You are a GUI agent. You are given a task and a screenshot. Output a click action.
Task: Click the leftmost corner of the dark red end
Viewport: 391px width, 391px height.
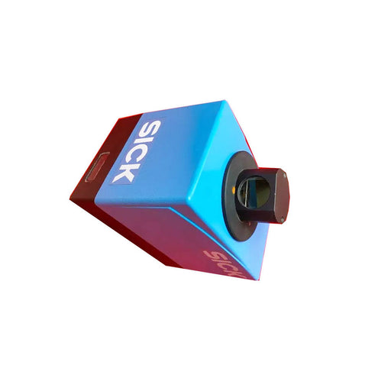(69, 197)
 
